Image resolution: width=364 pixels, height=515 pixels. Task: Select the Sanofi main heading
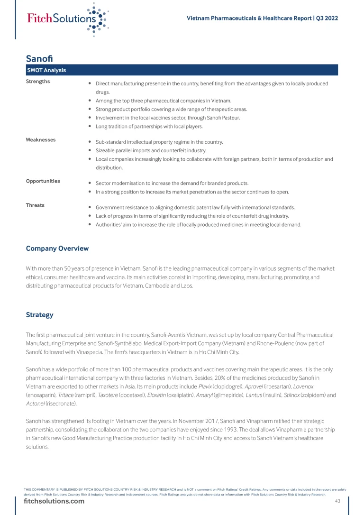(x=39, y=58)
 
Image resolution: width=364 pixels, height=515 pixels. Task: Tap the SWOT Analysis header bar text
(x=46, y=70)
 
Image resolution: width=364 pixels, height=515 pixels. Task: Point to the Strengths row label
(x=38, y=82)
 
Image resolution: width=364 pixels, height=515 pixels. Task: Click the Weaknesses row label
(x=41, y=140)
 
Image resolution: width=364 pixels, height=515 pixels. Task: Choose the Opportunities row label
(x=43, y=181)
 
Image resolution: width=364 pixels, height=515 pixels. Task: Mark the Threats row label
(x=35, y=205)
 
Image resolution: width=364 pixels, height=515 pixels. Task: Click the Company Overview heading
(x=57, y=248)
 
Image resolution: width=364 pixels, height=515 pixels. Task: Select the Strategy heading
(x=40, y=315)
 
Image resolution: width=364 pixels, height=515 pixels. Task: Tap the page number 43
(x=337, y=501)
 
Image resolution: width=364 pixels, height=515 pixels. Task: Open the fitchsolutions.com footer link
(x=54, y=501)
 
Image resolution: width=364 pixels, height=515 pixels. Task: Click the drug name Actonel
(x=36, y=404)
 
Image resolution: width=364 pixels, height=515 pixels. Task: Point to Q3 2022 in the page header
(x=327, y=18)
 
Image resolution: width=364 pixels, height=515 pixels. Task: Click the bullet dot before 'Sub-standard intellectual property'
(x=90, y=142)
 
